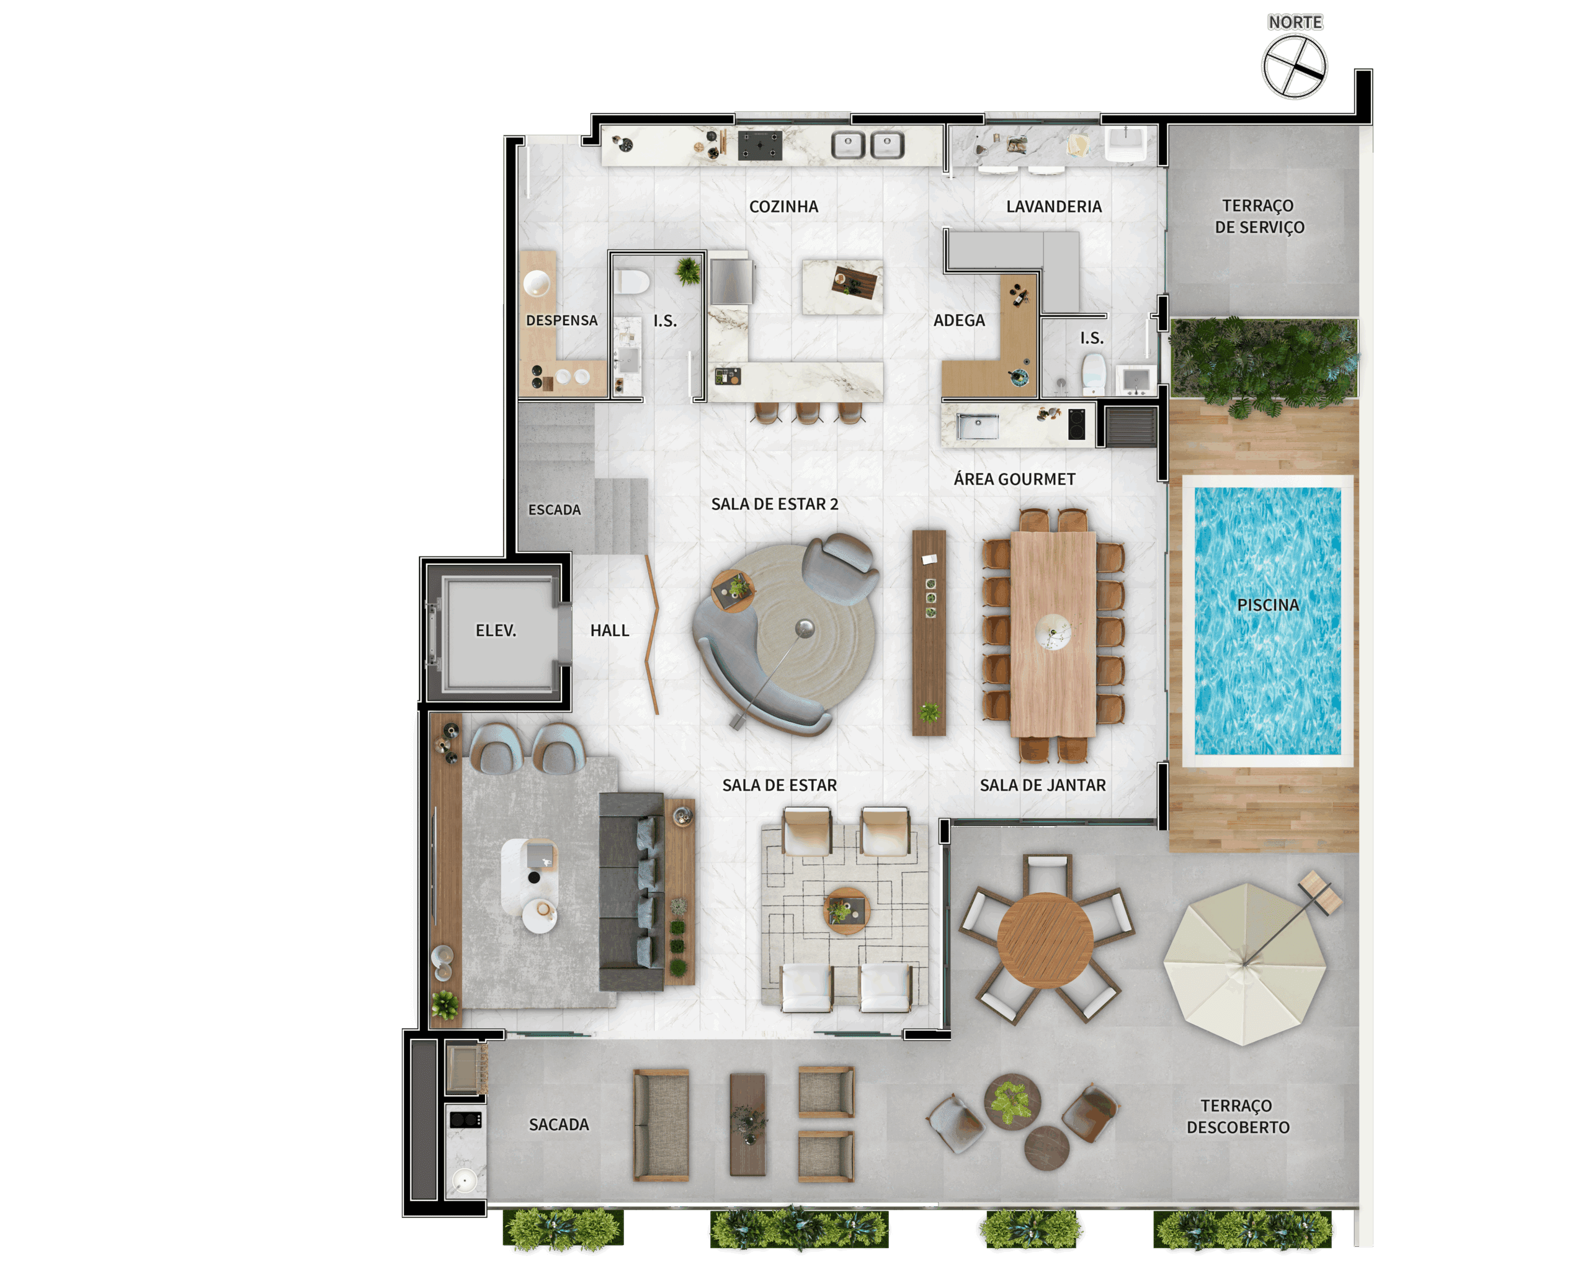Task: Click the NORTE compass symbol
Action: (x=1294, y=66)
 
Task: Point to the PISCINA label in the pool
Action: (x=1267, y=605)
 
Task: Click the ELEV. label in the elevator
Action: (x=496, y=631)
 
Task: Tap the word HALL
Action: (x=610, y=631)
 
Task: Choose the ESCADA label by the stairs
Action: (x=555, y=510)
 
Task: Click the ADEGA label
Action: (x=959, y=320)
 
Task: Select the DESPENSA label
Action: (x=562, y=320)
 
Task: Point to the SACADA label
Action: (x=559, y=1125)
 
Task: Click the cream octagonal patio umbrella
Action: (x=1245, y=964)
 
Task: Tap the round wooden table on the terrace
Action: (x=1045, y=940)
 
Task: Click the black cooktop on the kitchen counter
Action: (x=760, y=146)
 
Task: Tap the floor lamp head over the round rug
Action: (x=805, y=629)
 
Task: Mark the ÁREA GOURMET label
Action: (x=1014, y=480)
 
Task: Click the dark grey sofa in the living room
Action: (x=631, y=892)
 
